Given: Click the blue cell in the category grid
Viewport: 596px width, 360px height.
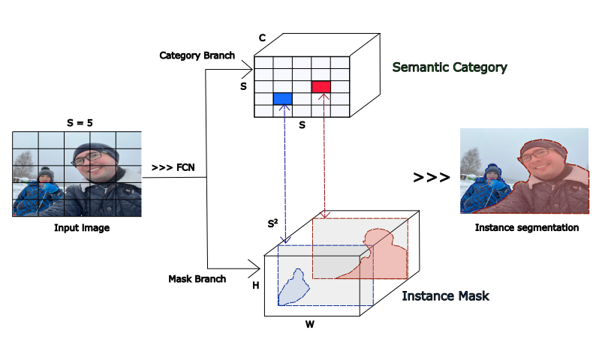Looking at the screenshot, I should (282, 98).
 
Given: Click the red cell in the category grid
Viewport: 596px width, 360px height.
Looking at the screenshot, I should (321, 87).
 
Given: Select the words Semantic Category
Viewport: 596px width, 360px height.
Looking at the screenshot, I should (450, 67).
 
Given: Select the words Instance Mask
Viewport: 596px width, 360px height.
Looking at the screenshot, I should (446, 296).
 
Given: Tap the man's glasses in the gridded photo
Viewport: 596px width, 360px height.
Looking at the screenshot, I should (88, 158).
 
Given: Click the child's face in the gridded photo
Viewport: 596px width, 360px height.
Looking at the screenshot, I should (46, 179).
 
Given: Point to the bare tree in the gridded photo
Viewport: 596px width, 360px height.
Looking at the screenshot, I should (23, 163).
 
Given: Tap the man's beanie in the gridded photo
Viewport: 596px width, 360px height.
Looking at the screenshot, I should (95, 148).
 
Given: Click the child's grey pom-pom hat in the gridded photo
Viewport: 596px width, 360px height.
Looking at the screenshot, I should (46, 172).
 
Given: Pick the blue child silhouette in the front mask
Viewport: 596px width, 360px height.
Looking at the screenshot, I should (292, 287).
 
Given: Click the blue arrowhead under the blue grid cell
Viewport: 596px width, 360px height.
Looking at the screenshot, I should (284, 109).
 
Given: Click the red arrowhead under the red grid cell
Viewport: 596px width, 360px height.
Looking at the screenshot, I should (324, 97).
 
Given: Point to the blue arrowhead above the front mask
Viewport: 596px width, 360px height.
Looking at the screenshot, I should (284, 239).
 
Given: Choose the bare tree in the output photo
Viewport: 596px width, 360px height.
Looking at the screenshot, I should (471, 160).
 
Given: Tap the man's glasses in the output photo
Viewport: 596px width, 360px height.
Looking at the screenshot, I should (535, 155).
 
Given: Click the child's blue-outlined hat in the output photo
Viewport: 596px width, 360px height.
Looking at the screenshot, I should (492, 169).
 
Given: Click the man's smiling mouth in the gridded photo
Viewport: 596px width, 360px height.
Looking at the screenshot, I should (95, 170).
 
